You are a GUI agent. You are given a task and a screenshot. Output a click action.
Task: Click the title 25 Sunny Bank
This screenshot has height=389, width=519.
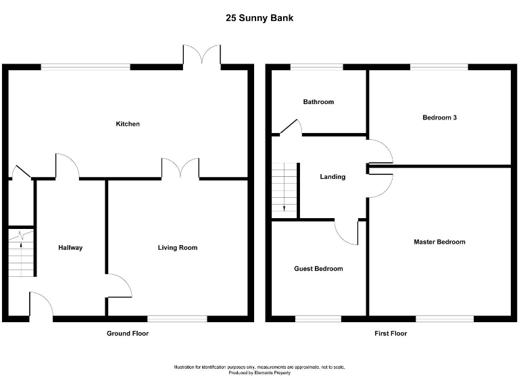point(259,18)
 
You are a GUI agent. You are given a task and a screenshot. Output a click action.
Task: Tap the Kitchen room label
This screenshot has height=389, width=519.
point(128,124)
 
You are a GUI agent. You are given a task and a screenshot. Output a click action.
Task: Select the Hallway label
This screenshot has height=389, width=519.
point(70,248)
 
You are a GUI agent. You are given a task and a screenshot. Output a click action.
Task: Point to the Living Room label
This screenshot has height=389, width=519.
point(178,248)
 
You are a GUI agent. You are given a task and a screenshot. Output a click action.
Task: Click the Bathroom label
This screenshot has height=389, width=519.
point(318,102)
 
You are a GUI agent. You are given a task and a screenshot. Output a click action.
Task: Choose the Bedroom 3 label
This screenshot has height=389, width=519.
point(439,118)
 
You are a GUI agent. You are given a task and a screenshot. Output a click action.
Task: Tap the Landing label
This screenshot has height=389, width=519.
point(332,177)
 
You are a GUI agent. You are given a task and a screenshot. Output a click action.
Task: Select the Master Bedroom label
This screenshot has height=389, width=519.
point(439,242)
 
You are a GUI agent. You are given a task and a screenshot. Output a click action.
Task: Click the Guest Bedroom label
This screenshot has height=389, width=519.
point(318,269)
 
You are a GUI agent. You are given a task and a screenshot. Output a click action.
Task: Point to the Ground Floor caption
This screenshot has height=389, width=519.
point(128,334)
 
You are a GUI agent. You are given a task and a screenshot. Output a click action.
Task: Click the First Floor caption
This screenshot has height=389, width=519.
point(391,334)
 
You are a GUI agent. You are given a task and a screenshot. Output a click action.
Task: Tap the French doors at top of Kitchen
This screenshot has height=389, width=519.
point(202,56)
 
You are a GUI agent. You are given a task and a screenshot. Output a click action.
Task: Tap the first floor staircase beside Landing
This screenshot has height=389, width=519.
point(285,190)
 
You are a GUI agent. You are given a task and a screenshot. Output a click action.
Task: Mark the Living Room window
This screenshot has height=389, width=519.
point(177,318)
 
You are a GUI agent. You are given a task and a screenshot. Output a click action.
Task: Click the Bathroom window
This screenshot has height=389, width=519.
point(316,67)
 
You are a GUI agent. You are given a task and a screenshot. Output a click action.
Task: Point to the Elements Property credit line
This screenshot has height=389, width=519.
point(259,373)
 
